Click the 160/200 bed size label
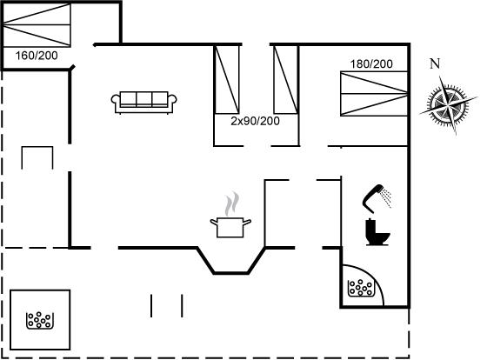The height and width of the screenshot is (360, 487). (37, 56)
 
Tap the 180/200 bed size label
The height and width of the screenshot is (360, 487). (371, 64)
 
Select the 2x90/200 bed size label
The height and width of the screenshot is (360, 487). (255, 121)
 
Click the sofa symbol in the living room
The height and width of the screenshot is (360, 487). (144, 103)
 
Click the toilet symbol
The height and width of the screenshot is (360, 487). (377, 232)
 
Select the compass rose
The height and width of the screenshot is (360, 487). (448, 105)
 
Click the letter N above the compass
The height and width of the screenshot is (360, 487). (435, 63)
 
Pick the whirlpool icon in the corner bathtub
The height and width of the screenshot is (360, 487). (360, 288)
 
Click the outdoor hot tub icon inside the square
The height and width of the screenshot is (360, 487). (40, 320)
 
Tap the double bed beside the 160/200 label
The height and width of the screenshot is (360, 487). (37, 25)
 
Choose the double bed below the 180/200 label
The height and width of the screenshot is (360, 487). (374, 94)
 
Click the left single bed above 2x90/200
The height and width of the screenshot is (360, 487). (227, 79)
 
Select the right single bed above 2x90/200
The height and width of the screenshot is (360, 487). (286, 79)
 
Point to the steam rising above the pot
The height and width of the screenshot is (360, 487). (232, 203)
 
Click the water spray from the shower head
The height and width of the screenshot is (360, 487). (387, 197)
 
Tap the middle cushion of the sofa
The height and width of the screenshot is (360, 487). (144, 99)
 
